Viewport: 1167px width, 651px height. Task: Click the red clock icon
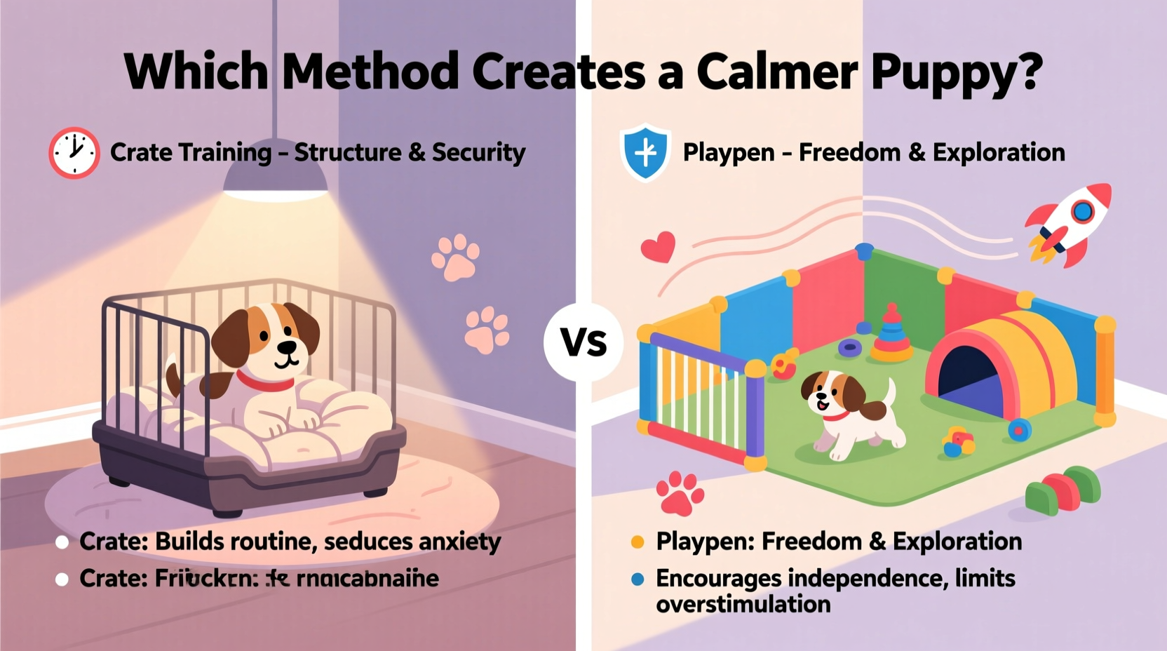(74, 152)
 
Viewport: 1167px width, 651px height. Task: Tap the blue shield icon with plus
(645, 152)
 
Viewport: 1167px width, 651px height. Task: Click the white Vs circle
(583, 342)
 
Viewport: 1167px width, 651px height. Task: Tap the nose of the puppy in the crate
(286, 347)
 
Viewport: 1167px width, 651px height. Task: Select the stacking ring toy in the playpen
(891, 335)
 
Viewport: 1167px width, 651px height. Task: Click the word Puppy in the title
(957, 72)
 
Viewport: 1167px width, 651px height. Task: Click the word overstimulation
(743, 604)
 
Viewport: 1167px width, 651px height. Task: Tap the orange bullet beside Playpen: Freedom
(638, 542)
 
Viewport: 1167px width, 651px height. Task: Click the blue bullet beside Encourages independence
(638, 579)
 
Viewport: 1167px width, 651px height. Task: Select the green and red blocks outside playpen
(1062, 489)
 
